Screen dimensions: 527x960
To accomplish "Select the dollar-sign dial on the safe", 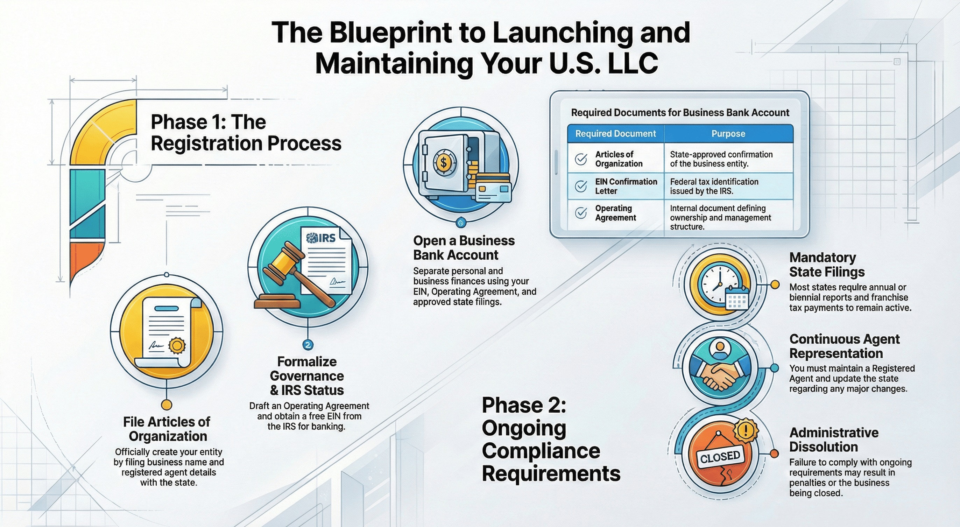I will (444, 162).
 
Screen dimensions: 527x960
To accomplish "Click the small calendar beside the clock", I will (737, 298).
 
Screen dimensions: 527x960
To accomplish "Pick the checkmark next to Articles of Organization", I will (581, 159).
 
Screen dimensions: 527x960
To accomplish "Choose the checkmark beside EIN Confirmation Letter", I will (581, 186).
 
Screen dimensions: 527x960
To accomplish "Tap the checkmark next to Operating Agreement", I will (581, 213).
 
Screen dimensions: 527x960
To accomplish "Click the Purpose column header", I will (728, 133).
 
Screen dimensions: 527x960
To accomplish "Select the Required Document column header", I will (615, 133).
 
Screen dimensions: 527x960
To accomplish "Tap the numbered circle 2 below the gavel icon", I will (308, 345).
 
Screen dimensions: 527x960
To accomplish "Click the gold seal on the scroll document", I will (177, 345).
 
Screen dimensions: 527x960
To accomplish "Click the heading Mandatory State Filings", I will (827, 265).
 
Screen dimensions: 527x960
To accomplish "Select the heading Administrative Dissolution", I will (834, 440).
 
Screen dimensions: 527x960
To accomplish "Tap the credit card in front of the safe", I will (494, 190).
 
